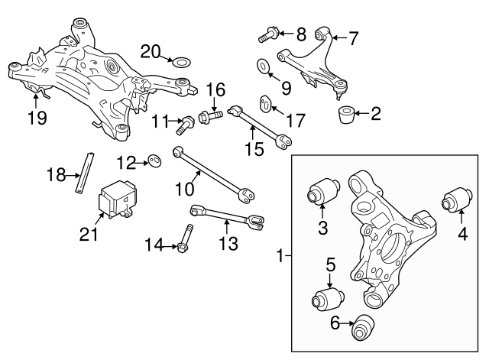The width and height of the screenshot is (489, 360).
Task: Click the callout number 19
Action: [36, 118]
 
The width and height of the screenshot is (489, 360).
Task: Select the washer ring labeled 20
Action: [182, 61]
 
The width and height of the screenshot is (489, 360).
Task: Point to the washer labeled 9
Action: [263, 66]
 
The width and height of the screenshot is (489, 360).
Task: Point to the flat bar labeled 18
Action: [85, 174]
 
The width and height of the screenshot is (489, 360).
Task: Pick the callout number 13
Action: [228, 244]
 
